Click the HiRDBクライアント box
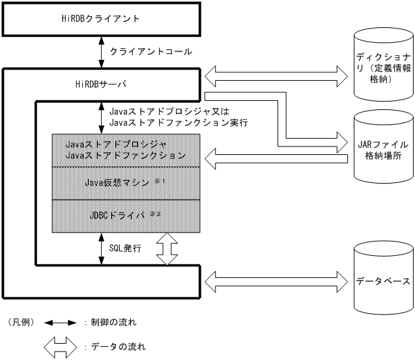point(101,19)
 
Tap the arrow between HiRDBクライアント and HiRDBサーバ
point(101,51)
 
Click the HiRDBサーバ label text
point(101,84)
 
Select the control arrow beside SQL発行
point(101,249)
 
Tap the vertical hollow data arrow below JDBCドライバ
point(167,249)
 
